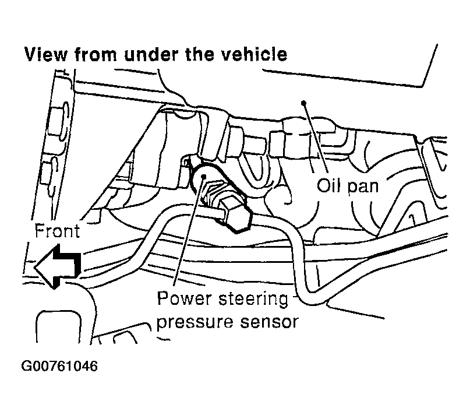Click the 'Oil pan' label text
pos(348,187)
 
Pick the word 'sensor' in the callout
pos(270,322)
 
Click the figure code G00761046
pos(59,367)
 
